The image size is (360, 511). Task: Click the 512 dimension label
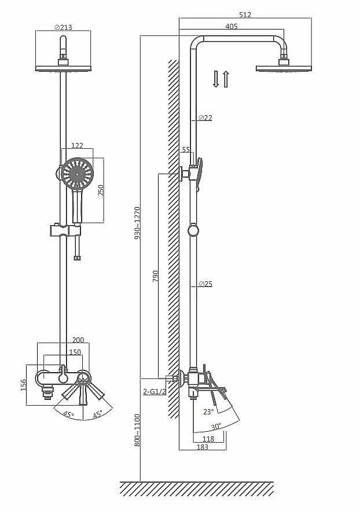[x=245, y=14]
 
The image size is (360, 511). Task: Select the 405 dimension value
[x=232, y=27]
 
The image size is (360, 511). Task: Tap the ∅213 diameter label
[x=63, y=28]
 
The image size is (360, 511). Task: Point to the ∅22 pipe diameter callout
[x=205, y=117]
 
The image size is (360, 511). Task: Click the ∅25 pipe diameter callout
[x=205, y=284]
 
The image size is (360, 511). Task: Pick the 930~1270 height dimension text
[x=137, y=223]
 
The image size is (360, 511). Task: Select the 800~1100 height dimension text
[x=137, y=430]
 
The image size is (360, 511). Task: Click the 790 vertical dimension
[x=156, y=276]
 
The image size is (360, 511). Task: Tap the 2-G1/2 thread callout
[x=154, y=391]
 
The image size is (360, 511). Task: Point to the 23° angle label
[x=208, y=412]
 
